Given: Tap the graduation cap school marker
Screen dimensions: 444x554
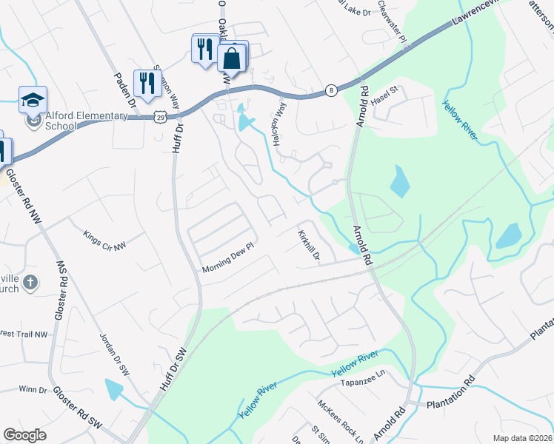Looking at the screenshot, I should pos(33,100).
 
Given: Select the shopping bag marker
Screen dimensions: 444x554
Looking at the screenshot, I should pos(232,58).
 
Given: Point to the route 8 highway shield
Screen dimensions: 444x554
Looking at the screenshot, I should pos(331,90).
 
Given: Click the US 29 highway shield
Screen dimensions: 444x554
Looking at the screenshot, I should pos(161,117).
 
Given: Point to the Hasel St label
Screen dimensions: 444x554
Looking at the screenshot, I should pos(385,94).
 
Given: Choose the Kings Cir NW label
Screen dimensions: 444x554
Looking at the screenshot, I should pos(104,240).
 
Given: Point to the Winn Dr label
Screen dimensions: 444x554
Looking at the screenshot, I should pos(33,389).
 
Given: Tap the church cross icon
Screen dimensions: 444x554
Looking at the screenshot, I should pos(30,282).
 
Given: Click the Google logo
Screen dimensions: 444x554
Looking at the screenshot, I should pos(24,435).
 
